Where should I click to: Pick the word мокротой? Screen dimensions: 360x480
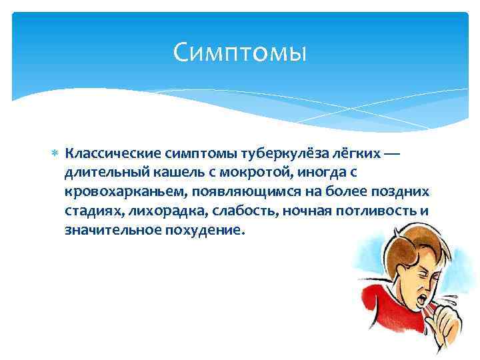click(x=236, y=173)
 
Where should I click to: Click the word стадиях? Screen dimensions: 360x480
click(x=89, y=212)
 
